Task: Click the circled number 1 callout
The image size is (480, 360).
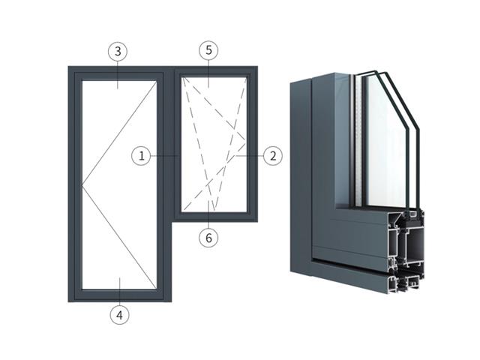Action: point(141,156)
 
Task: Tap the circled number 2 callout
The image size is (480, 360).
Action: point(273,156)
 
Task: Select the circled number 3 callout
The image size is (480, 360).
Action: point(118,52)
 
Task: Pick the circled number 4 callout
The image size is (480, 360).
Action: point(120,315)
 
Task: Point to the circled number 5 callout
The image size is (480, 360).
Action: point(208,50)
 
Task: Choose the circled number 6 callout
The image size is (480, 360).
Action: point(208,238)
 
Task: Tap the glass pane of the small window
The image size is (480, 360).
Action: point(214,144)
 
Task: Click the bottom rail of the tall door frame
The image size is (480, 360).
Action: point(120,295)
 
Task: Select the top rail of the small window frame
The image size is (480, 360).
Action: point(216,71)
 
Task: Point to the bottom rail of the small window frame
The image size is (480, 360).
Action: point(216,217)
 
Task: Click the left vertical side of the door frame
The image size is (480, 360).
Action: point(75,184)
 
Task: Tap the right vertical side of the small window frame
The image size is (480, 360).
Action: point(252,144)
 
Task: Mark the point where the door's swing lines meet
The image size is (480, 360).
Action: point(82,185)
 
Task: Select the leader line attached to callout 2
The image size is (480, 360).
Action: point(249,156)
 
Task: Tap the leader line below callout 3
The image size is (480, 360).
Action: point(118,75)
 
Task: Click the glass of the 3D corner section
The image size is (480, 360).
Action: point(385,141)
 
